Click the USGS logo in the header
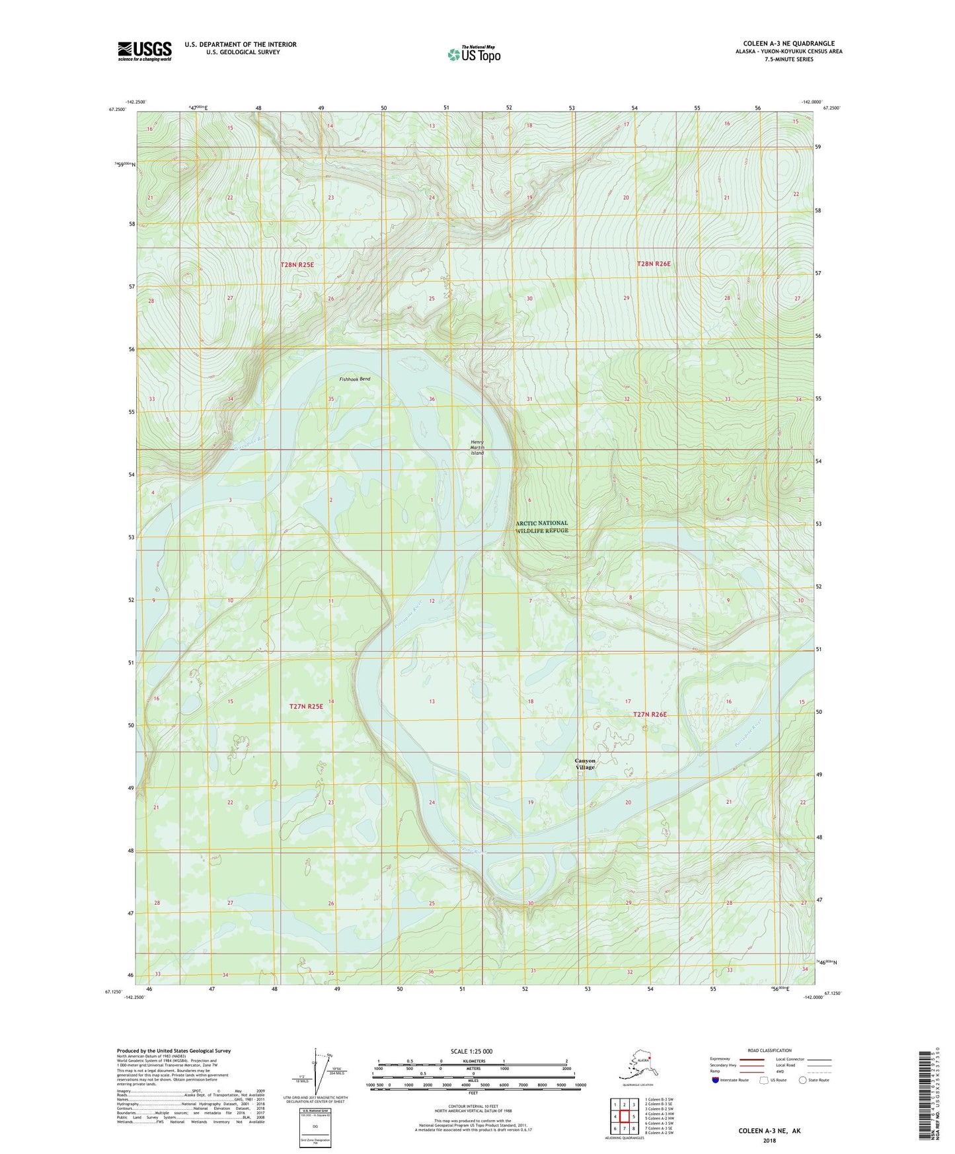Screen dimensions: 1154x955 (144, 51)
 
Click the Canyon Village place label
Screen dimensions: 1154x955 (585, 764)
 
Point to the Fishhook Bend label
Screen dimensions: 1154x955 (355, 379)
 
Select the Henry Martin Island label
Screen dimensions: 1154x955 (477, 447)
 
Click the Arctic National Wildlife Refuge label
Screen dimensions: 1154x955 (541, 527)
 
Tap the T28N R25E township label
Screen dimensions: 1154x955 (297, 264)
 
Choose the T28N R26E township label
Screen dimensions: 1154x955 (654, 264)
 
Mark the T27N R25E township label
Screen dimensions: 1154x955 (306, 707)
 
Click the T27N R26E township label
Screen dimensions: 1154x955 (650, 714)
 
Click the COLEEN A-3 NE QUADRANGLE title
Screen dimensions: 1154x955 (788, 44)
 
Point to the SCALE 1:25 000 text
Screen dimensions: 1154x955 (472, 1052)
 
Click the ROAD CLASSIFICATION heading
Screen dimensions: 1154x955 (769, 1050)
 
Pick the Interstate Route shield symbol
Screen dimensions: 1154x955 (716, 1080)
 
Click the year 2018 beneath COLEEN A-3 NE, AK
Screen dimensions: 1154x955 (769, 1140)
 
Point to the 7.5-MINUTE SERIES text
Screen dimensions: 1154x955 (788, 59)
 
